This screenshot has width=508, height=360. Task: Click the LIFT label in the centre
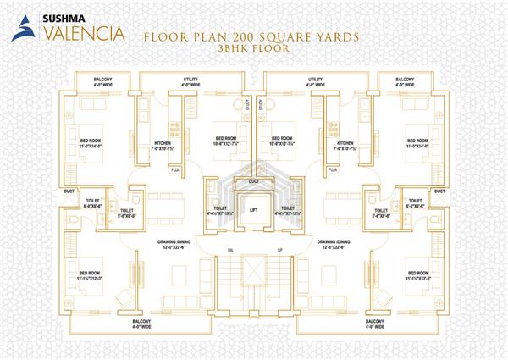(x=253, y=208)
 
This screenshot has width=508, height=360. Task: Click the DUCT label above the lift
(x=253, y=181)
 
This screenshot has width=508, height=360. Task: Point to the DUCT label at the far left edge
(x=69, y=191)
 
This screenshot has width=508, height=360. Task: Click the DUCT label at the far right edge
(x=439, y=191)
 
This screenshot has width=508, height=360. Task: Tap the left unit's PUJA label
(x=177, y=169)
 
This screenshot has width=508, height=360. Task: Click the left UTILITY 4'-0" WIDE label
(x=190, y=81)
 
